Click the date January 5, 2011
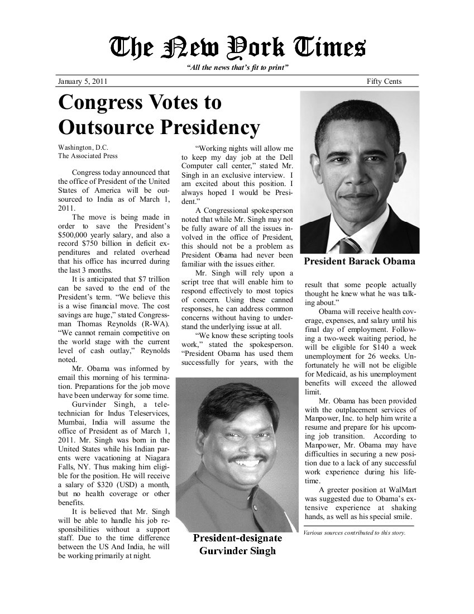83,82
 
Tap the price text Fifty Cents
384,82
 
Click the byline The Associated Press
88,156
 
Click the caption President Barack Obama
359,261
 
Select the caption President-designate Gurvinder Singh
237,545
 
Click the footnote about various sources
355,532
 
